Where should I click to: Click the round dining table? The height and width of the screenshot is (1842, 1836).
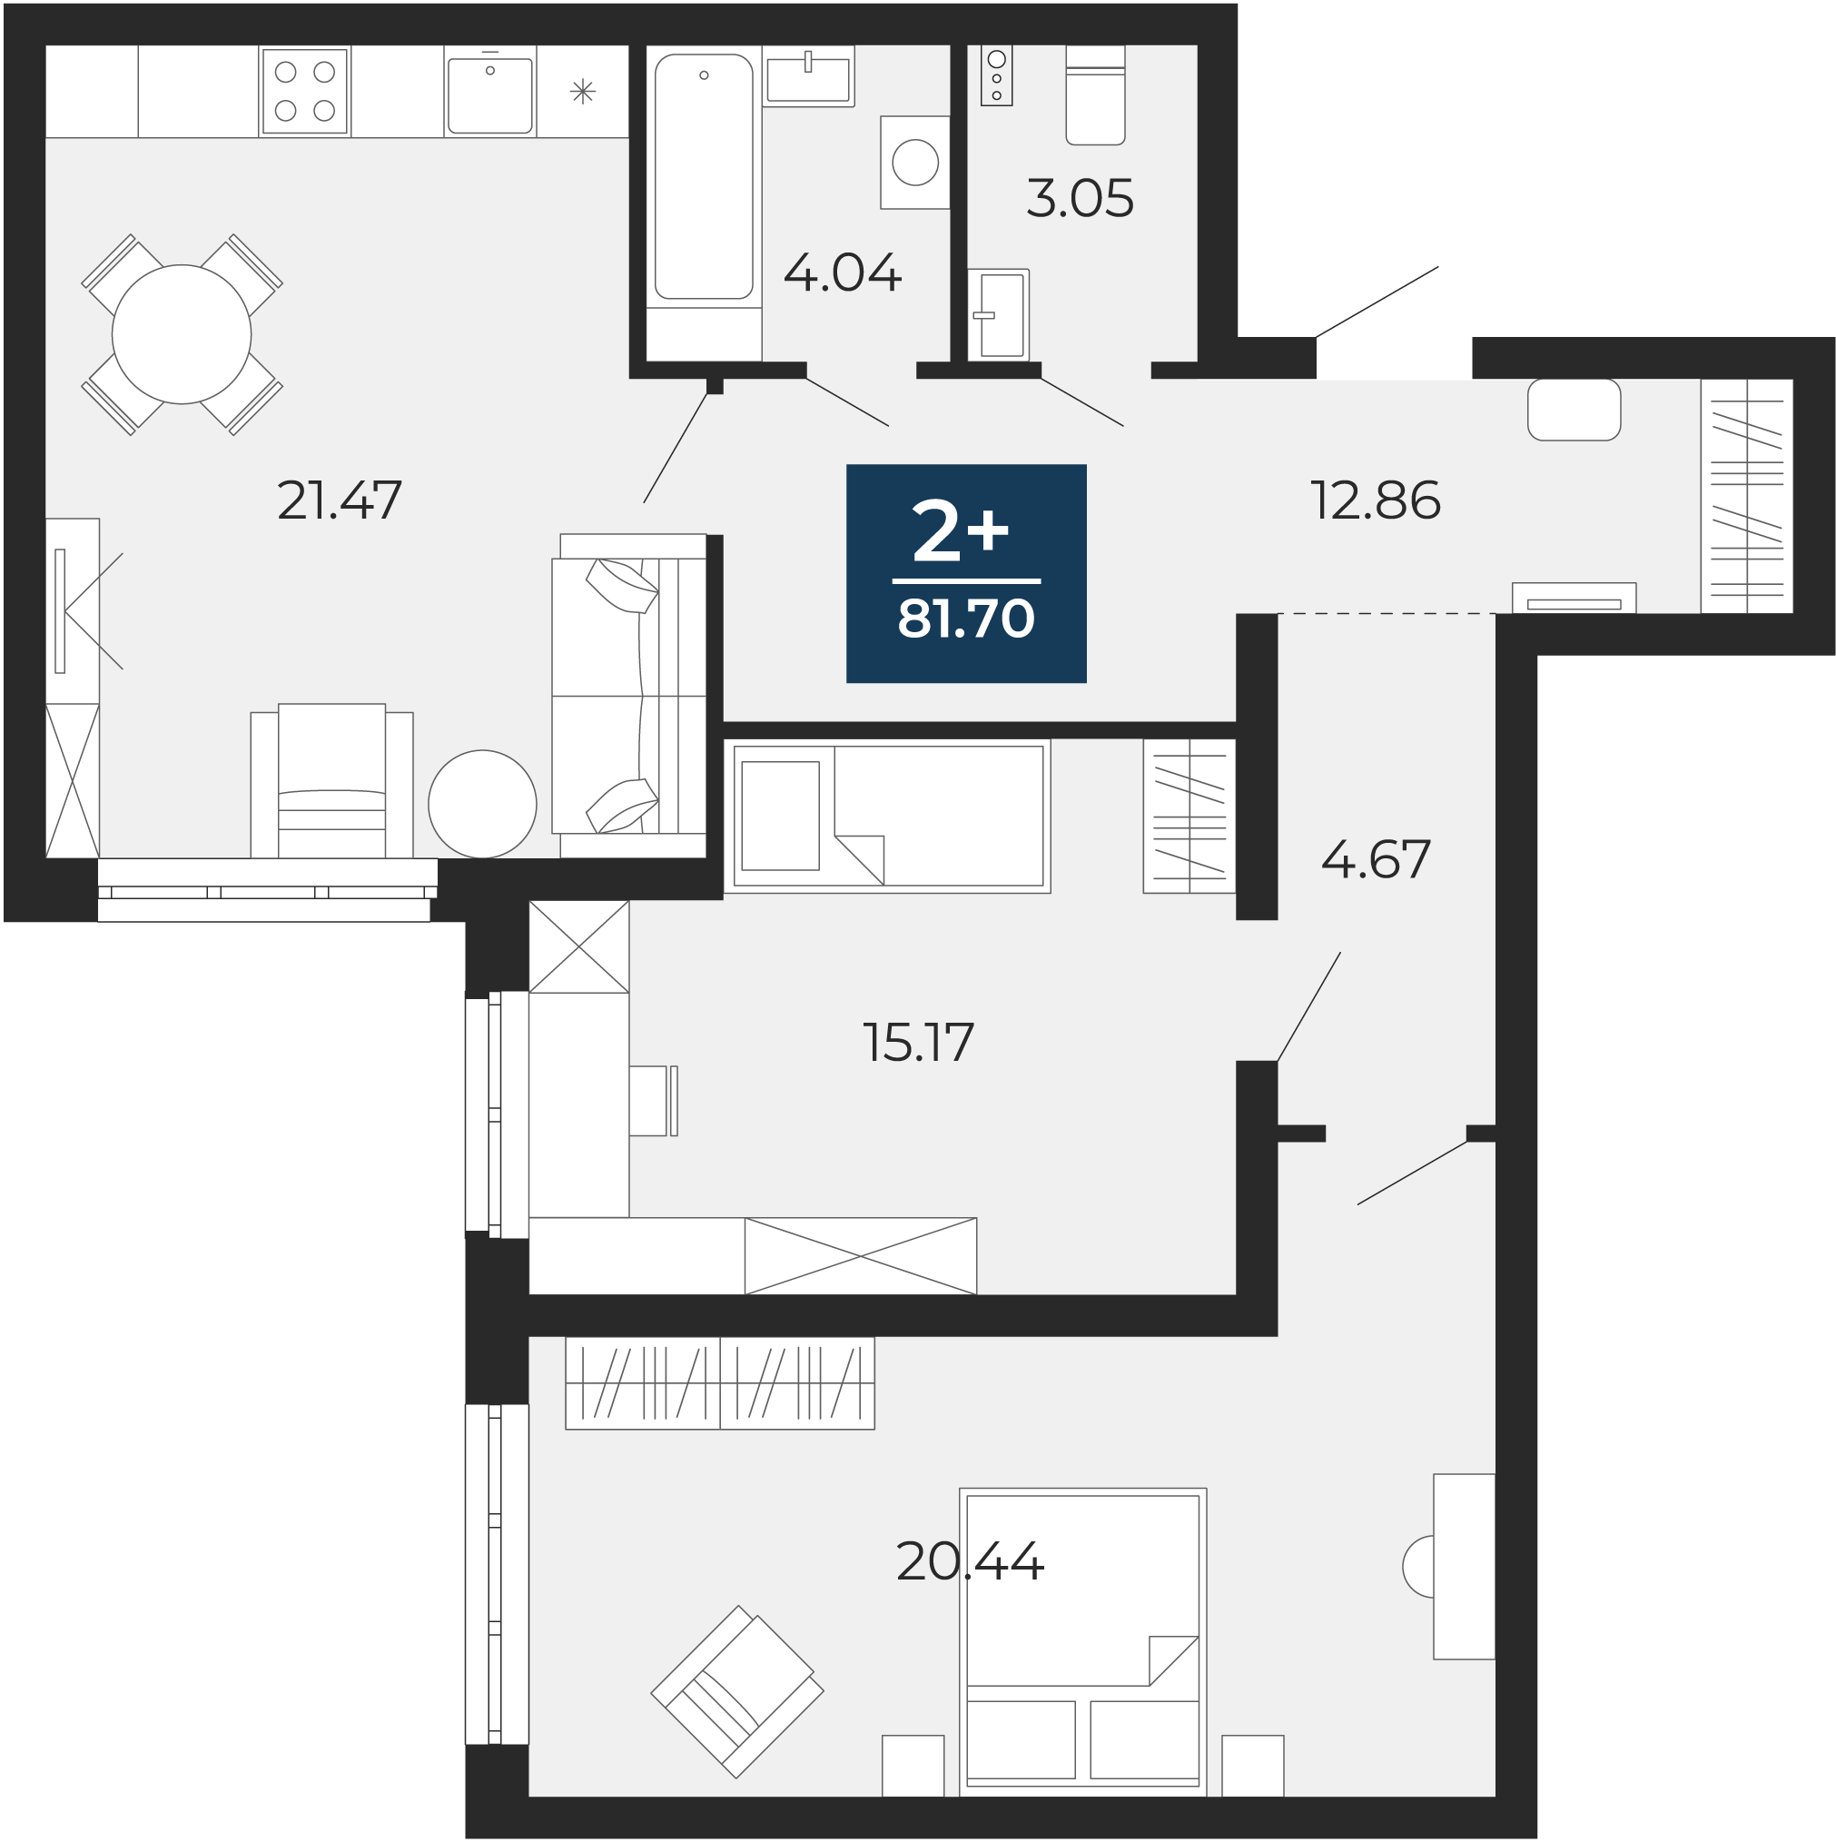(181, 334)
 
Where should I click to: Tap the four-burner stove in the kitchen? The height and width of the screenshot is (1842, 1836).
(304, 92)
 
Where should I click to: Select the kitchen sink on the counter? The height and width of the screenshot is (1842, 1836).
(490, 94)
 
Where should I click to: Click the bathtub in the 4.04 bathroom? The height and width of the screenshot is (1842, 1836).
(704, 176)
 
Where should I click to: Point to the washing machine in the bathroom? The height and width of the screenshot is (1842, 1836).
(915, 162)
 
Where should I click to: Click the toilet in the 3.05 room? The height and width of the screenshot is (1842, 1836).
(1095, 94)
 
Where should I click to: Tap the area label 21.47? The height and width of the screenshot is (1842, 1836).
(340, 500)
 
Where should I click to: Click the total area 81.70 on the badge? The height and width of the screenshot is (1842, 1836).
(965, 618)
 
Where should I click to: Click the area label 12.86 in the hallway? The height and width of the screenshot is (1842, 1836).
(1376, 500)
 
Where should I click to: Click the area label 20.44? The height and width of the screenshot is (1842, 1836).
(971, 1561)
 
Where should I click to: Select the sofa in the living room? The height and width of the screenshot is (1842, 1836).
(629, 696)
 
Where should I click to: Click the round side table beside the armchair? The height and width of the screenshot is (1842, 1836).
(482, 804)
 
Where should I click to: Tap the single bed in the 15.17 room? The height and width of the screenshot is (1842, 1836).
(887, 817)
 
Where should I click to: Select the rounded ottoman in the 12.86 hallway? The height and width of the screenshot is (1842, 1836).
(1574, 410)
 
